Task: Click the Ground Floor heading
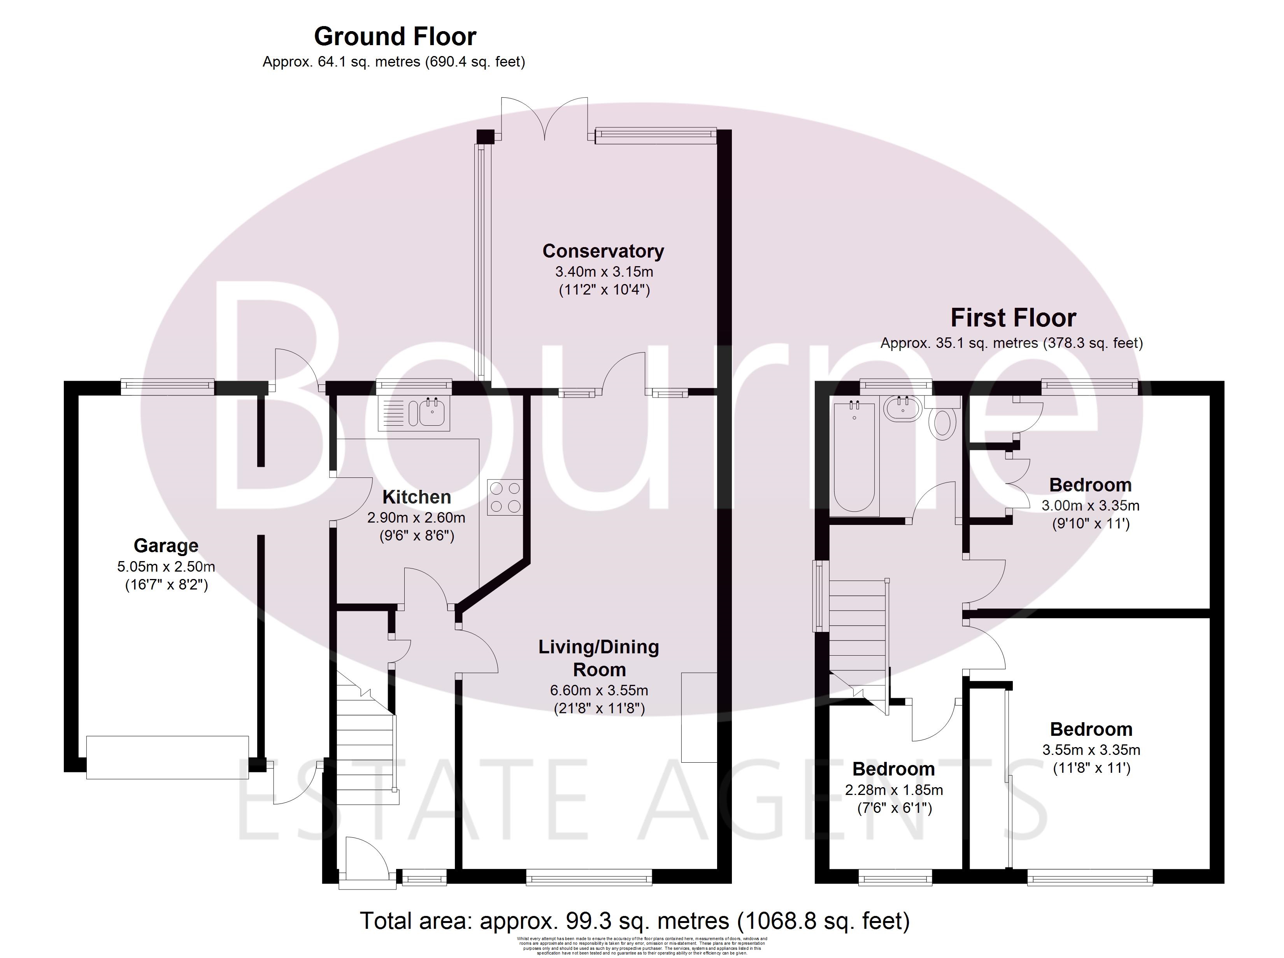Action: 395,37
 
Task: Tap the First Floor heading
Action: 1012,318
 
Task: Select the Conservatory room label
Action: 603,251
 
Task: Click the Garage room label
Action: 166,546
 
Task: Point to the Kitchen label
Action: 416,497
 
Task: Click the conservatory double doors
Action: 545,119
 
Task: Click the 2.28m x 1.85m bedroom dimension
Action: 894,790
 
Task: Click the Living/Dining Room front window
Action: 589,880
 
